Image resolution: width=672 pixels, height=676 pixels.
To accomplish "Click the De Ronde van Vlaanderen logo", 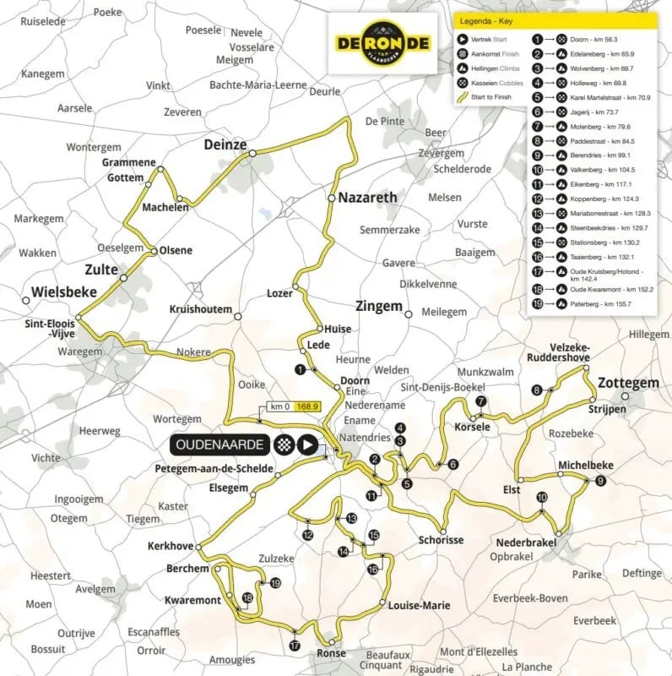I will tap(382, 43).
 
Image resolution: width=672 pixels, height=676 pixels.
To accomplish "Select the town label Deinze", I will tap(225, 145).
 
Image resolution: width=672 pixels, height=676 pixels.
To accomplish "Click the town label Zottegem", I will tap(627, 383).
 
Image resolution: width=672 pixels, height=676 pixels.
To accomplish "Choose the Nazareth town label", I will tap(367, 198).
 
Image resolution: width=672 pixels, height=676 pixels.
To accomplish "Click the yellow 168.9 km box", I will tap(309, 406).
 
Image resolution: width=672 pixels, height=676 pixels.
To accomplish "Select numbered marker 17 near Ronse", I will tap(294, 646).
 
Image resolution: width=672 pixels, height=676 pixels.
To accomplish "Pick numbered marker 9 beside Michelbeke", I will tap(599, 481).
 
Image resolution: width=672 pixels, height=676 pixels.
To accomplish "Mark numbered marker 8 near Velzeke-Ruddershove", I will tap(536, 389).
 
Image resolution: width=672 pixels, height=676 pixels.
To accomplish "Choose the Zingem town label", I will tap(379, 306).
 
